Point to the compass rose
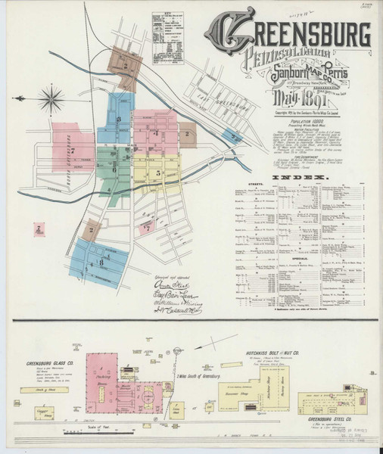53,97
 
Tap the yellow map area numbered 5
157,174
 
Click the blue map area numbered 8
102,263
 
